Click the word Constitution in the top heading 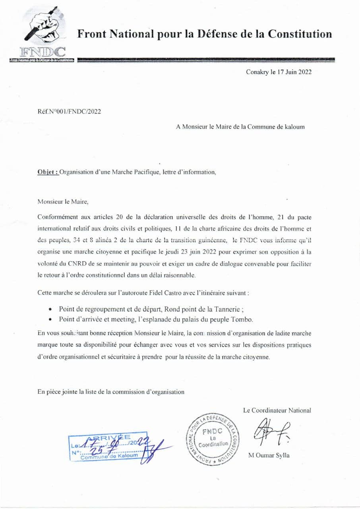click(x=300, y=34)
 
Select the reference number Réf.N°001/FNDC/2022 click(x=69, y=111)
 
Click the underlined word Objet click(x=48, y=172)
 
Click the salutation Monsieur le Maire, click(x=63, y=201)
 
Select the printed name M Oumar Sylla click(x=269, y=456)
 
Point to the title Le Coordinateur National click(x=277, y=410)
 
